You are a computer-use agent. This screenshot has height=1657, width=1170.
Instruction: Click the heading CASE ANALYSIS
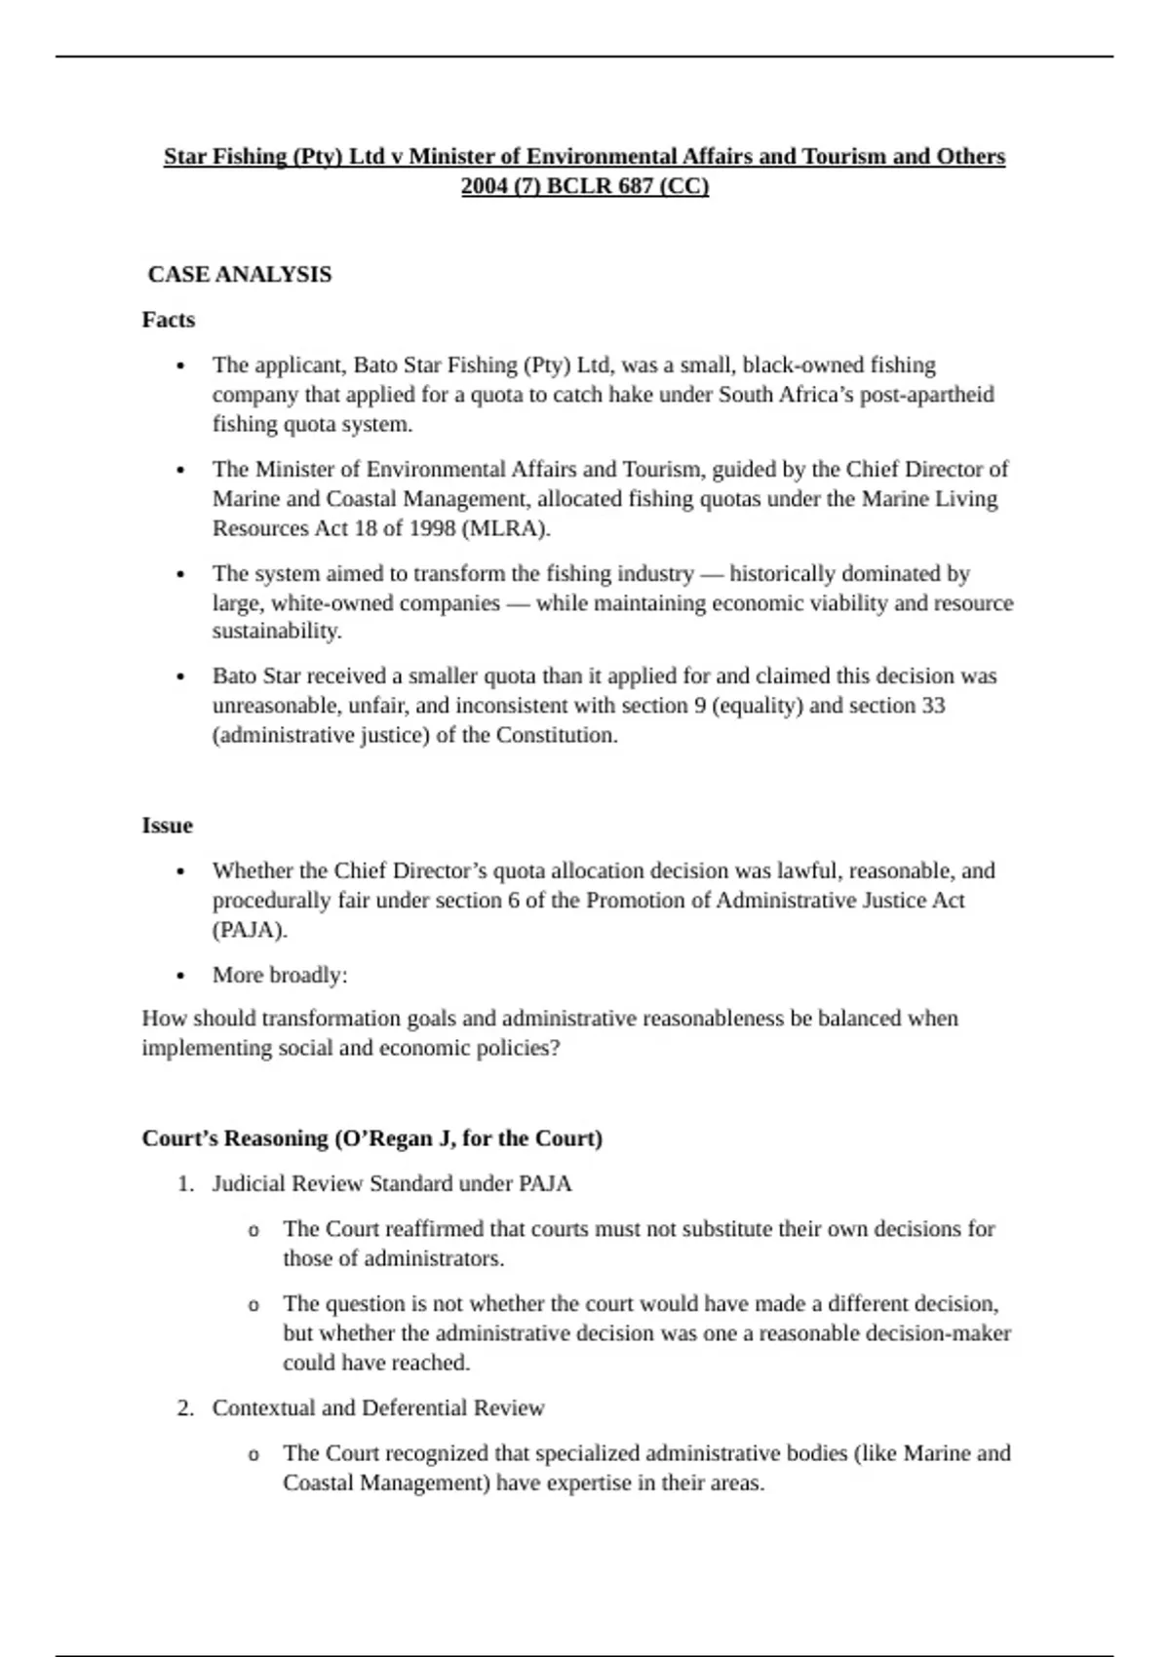(240, 275)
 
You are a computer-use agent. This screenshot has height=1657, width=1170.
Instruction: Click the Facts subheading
(169, 320)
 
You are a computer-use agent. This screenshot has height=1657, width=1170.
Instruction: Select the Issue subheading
(167, 826)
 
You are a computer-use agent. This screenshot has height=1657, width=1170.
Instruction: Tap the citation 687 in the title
(636, 186)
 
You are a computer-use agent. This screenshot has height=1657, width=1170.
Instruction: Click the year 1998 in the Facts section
(428, 528)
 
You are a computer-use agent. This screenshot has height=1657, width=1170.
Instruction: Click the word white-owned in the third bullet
(332, 603)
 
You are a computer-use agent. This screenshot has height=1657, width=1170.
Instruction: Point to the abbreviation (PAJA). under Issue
(250, 930)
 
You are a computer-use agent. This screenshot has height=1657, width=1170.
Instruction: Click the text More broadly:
(280, 975)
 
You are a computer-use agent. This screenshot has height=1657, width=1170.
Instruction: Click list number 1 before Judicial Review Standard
(185, 1184)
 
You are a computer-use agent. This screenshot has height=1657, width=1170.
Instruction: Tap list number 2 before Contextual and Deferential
(185, 1408)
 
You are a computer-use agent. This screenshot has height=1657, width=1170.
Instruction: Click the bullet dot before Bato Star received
(180, 676)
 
